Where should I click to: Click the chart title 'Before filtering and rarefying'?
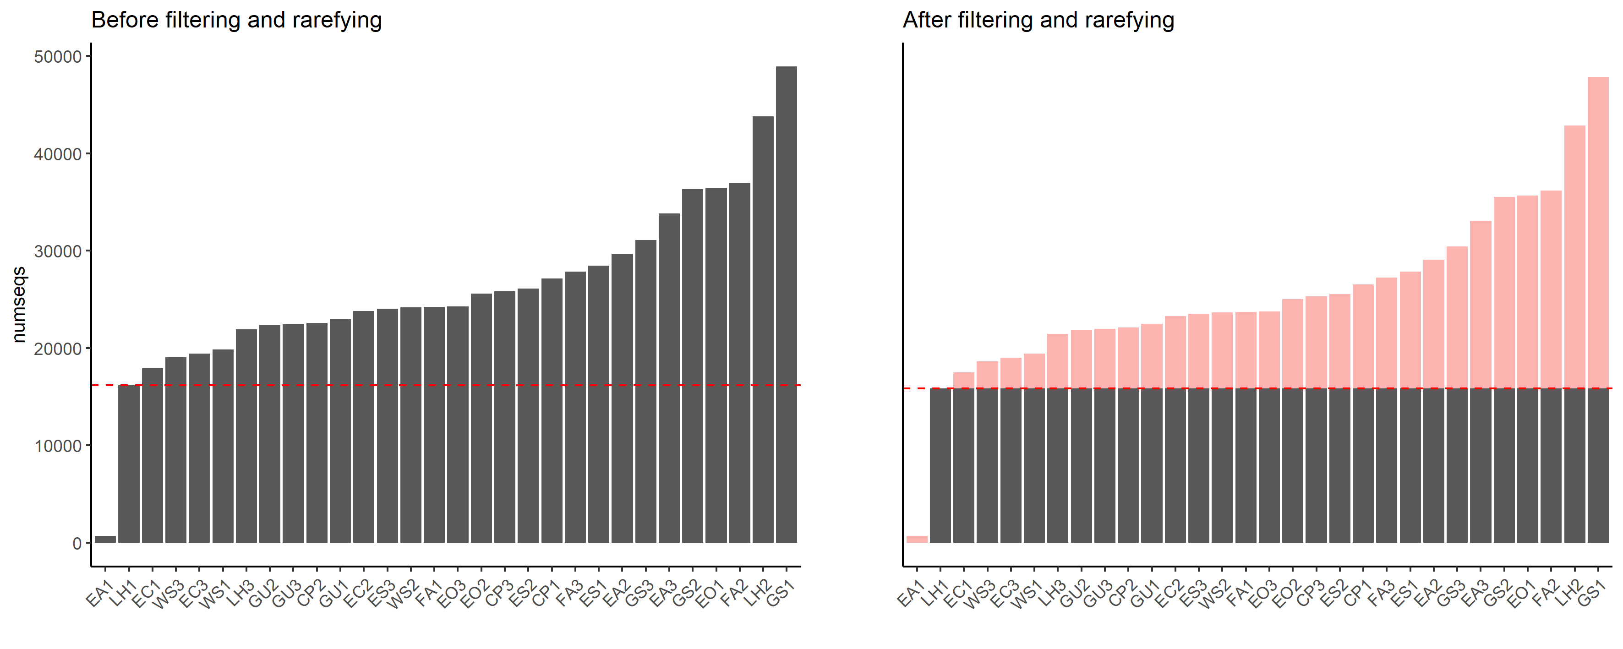tap(236, 20)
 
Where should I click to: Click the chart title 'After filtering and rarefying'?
tap(1038, 20)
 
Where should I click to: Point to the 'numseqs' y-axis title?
tap(19, 304)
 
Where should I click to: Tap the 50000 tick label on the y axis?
tap(58, 57)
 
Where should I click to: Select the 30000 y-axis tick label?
tap(58, 251)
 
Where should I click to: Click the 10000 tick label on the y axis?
tap(58, 446)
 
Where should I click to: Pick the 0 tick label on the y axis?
tap(77, 543)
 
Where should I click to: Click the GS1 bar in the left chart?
tap(786, 302)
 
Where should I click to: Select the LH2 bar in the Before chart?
tap(763, 327)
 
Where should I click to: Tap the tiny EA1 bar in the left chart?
tap(105, 540)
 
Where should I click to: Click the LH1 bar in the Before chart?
tap(129, 463)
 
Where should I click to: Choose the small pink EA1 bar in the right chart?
tap(917, 540)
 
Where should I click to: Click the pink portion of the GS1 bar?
tap(1598, 233)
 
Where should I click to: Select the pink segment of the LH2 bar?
tap(1574, 258)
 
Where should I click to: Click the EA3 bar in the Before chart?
tap(669, 378)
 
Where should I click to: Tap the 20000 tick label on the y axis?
tap(58, 349)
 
